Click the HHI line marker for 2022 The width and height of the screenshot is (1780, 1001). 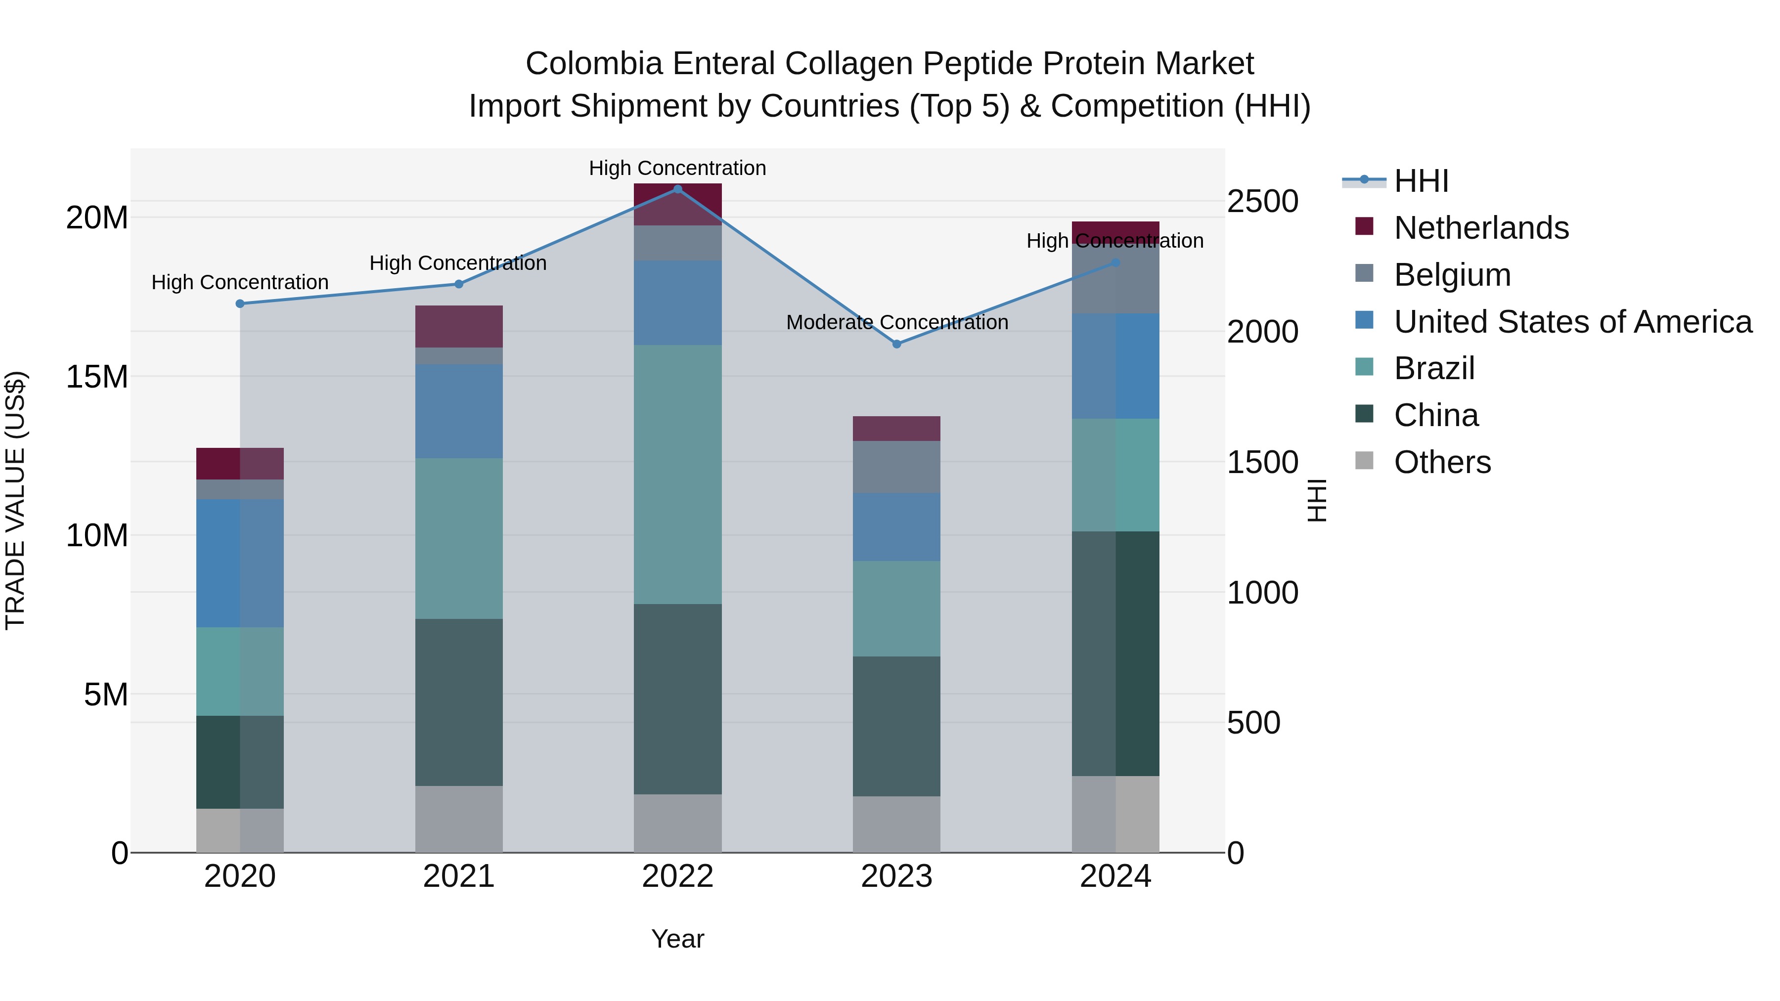click(x=677, y=189)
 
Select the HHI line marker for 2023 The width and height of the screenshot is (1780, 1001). click(x=896, y=344)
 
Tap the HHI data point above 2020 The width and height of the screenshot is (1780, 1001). click(x=240, y=304)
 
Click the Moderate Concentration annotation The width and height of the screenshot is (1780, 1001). click(x=897, y=323)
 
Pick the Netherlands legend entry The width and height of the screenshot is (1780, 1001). click(x=1481, y=228)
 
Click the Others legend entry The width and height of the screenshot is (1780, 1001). click(x=1442, y=462)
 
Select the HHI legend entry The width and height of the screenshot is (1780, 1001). click(x=1421, y=181)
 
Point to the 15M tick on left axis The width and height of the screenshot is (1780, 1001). click(x=97, y=377)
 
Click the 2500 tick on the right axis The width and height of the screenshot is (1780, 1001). click(x=1262, y=202)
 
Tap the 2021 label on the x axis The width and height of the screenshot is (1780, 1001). click(x=459, y=876)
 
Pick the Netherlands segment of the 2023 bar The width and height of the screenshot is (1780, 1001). click(x=896, y=428)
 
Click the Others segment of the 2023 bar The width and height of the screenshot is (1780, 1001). click(x=896, y=824)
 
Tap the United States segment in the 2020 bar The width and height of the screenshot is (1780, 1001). click(x=240, y=563)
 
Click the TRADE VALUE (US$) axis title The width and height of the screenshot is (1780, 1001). click(x=15, y=500)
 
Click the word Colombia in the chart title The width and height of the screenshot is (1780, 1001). click(x=594, y=64)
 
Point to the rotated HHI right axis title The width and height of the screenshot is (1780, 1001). click(x=1317, y=500)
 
